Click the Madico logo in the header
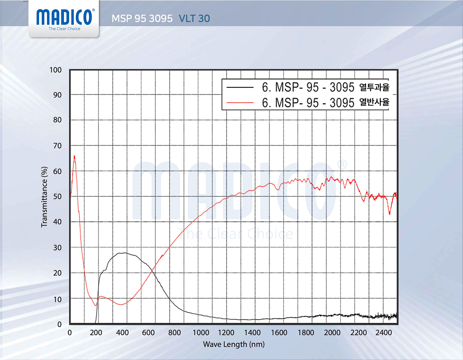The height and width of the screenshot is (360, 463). click(x=65, y=18)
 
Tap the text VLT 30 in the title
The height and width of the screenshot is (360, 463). click(x=194, y=19)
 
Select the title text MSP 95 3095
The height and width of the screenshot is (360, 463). click(x=142, y=19)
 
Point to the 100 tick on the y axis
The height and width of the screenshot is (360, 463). click(x=56, y=70)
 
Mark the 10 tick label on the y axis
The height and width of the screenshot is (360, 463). click(x=58, y=299)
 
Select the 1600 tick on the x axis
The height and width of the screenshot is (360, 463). click(x=279, y=333)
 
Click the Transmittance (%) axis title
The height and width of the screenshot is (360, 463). click(x=44, y=197)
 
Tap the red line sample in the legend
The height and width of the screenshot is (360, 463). click(x=239, y=102)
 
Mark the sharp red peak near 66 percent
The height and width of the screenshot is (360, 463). click(x=74, y=156)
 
